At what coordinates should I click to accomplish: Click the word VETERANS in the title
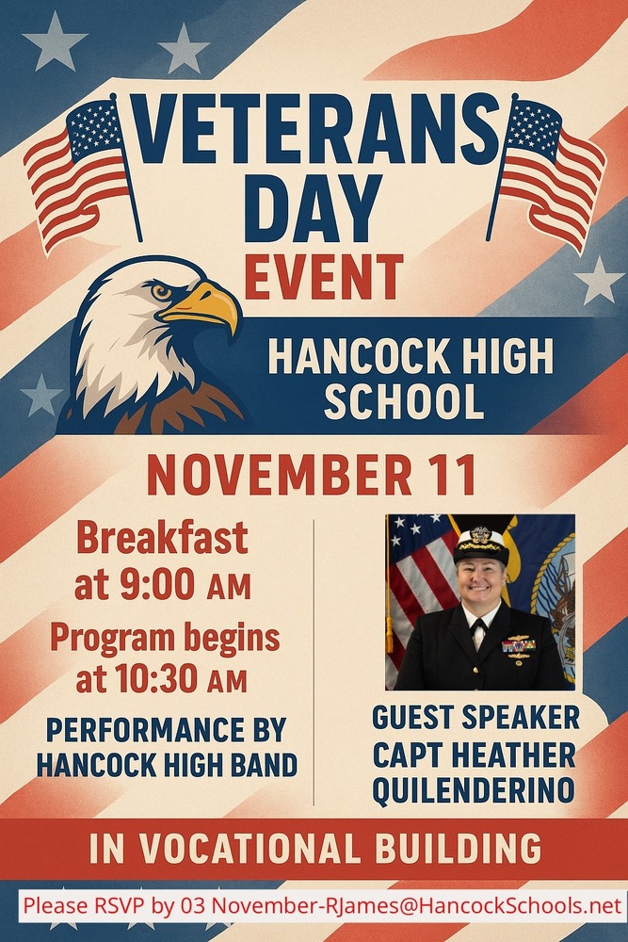pos(314,128)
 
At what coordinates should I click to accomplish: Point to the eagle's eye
pos(161,292)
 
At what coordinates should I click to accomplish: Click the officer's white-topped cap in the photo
pos(481,544)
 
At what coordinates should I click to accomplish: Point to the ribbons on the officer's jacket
pos(519,646)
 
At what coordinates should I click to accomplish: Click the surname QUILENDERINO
pos(473,790)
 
